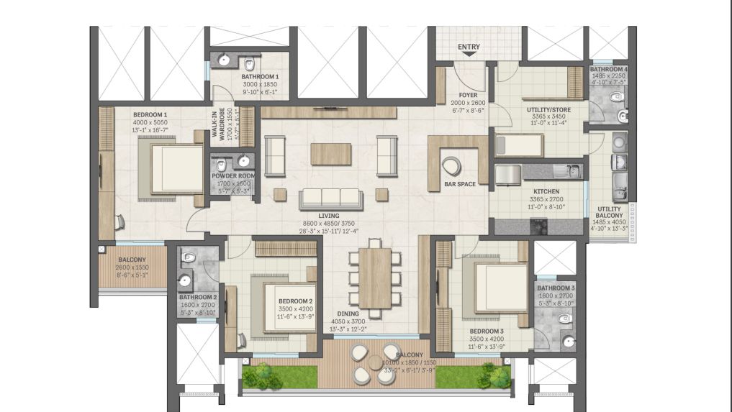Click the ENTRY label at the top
(469, 47)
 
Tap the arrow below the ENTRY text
(469, 55)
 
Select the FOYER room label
(469, 95)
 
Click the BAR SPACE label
(460, 184)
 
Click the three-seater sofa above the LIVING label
(331, 198)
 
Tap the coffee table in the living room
(331, 154)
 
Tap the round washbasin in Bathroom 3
(568, 341)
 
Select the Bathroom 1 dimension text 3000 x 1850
(260, 84)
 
